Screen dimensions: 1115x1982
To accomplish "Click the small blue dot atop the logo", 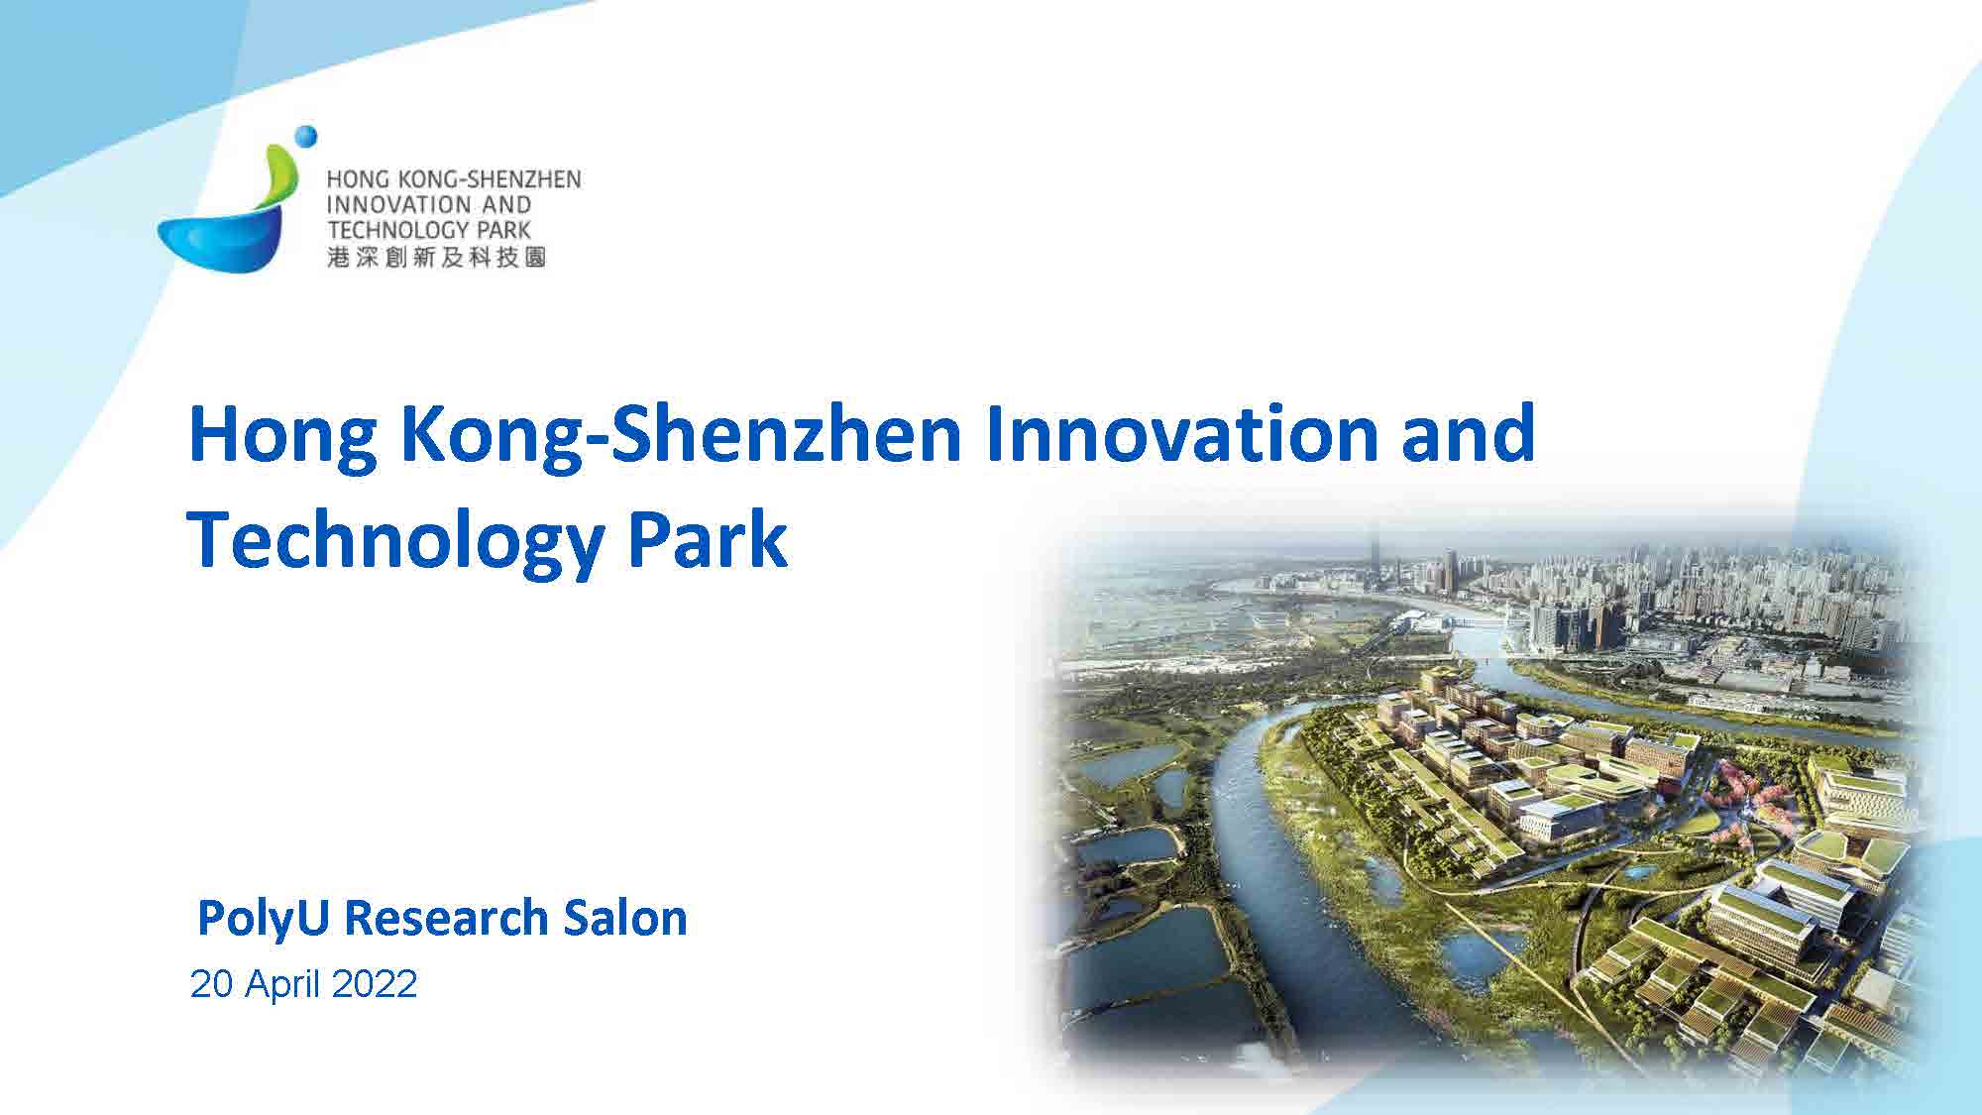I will click(x=306, y=136).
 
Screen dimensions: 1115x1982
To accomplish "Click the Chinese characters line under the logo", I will click(x=436, y=258).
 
